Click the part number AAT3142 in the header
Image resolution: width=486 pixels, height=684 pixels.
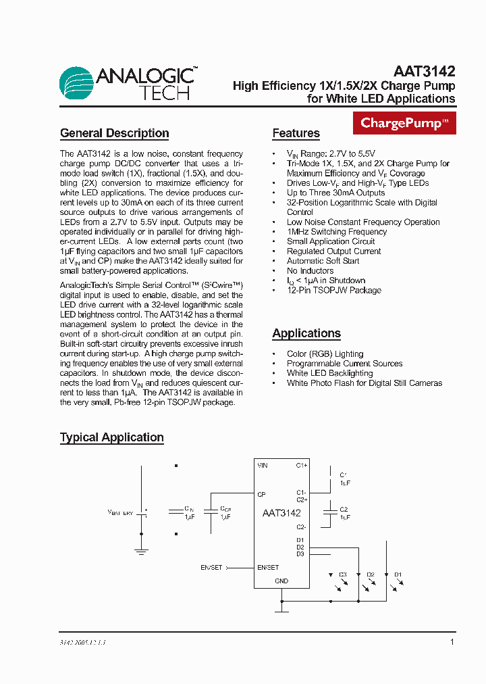(x=424, y=71)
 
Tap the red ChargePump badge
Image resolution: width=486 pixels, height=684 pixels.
(x=404, y=123)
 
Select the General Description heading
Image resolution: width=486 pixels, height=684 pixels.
(x=114, y=133)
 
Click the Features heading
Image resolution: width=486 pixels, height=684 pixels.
(x=296, y=133)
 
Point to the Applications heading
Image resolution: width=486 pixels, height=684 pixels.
(x=306, y=333)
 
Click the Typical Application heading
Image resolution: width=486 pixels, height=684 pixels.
(x=111, y=437)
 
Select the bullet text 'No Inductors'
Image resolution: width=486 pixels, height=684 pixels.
(x=310, y=270)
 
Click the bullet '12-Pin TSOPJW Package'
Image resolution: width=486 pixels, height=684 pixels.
(x=333, y=290)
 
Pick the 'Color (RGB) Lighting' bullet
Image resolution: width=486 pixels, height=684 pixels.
(x=325, y=354)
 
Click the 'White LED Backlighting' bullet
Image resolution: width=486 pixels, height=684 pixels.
(x=329, y=373)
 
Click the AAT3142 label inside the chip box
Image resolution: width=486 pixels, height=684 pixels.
(x=281, y=513)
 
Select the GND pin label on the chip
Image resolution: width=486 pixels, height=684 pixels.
(x=281, y=581)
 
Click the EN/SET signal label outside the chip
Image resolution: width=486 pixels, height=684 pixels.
(x=211, y=567)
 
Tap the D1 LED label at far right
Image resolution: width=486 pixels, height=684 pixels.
(x=398, y=575)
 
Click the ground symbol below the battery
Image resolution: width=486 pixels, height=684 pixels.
(x=141, y=552)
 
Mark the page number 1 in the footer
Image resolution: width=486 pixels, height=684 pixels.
(x=452, y=642)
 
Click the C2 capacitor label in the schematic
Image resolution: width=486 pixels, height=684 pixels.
(x=344, y=509)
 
